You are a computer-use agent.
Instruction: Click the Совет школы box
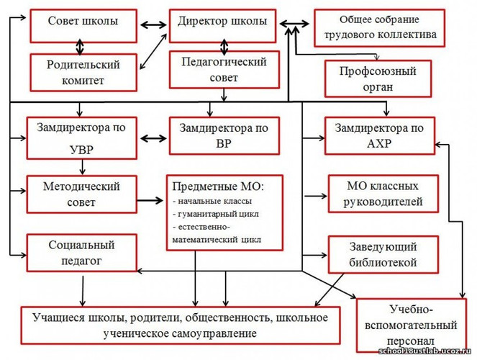point(83,26)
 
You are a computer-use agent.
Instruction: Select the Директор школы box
point(223,26)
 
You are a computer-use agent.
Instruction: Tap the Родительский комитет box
point(83,73)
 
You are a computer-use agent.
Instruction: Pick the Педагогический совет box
point(224,70)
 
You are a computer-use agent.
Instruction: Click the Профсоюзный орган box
point(378,78)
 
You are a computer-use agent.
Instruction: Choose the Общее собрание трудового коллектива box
point(380,28)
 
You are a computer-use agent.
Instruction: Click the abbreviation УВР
point(81,150)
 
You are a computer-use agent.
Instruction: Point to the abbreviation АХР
point(379,143)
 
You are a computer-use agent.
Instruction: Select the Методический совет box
point(81,194)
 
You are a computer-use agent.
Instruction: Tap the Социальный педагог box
point(81,253)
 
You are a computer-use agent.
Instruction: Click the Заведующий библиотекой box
point(383,255)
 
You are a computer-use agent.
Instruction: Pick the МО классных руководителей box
point(383,194)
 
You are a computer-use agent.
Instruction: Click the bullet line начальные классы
point(212,201)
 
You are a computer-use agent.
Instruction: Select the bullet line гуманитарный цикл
point(216,214)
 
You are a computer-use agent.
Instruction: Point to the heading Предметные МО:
point(218,186)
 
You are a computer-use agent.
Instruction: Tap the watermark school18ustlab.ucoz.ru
point(424,351)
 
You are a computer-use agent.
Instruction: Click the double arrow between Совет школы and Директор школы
point(153,25)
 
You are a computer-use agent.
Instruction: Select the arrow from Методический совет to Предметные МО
point(150,200)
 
